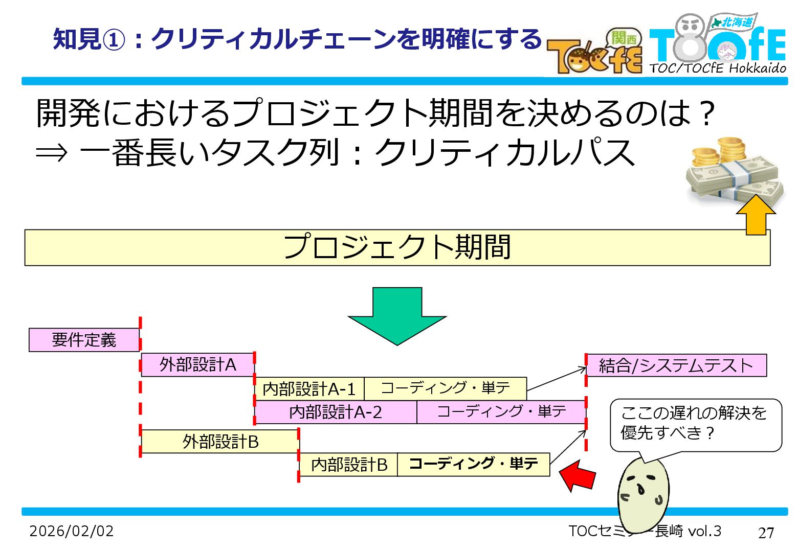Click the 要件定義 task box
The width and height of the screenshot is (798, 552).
pyautogui.click(x=84, y=340)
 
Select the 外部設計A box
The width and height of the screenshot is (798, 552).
pyautogui.click(x=197, y=364)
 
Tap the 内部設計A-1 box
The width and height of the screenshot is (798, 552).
pyautogui.click(x=309, y=389)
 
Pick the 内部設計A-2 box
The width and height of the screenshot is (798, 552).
pyautogui.click(x=336, y=412)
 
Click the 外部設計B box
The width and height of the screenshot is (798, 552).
pyautogui.click(x=220, y=441)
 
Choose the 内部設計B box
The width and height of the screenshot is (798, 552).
pyautogui.click(x=348, y=465)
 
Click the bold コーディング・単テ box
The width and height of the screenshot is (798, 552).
pyautogui.click(x=473, y=464)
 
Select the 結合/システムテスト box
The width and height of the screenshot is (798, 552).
pyautogui.click(x=676, y=365)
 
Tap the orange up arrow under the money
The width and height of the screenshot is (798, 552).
pyautogui.click(x=756, y=215)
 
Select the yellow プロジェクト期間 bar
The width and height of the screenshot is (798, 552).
pyautogui.click(x=397, y=247)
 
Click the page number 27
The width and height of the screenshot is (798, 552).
pyautogui.click(x=766, y=533)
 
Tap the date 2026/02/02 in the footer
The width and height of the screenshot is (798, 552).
pyautogui.click(x=72, y=531)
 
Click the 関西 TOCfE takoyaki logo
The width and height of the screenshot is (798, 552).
pyautogui.click(x=595, y=53)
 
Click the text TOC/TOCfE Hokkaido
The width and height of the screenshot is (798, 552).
pyautogui.click(x=718, y=68)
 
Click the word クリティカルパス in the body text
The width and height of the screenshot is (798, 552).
pyautogui.click(x=504, y=152)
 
